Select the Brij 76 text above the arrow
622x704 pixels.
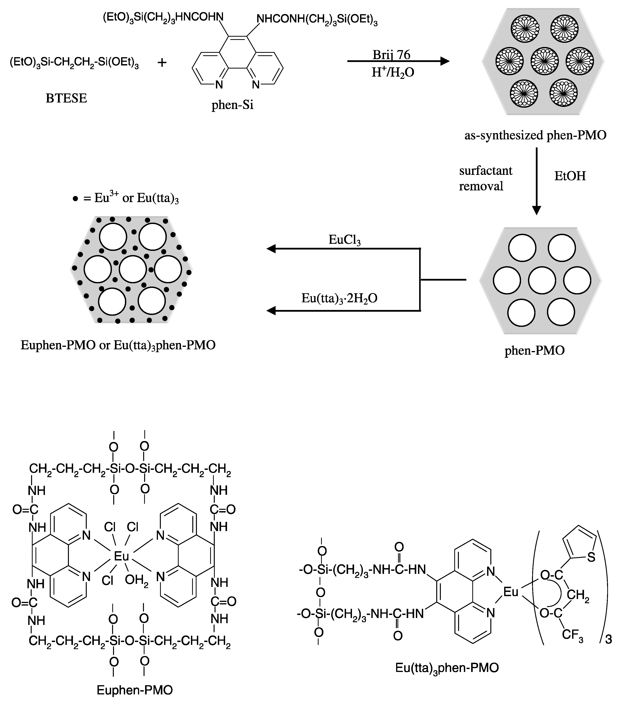pyautogui.click(x=391, y=55)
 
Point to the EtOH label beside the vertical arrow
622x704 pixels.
pyautogui.click(x=570, y=176)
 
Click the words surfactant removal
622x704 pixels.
pyautogui.click(x=486, y=178)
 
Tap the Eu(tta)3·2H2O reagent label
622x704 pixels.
pyautogui.click(x=339, y=298)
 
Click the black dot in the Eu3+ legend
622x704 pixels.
pyautogui.click(x=75, y=199)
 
